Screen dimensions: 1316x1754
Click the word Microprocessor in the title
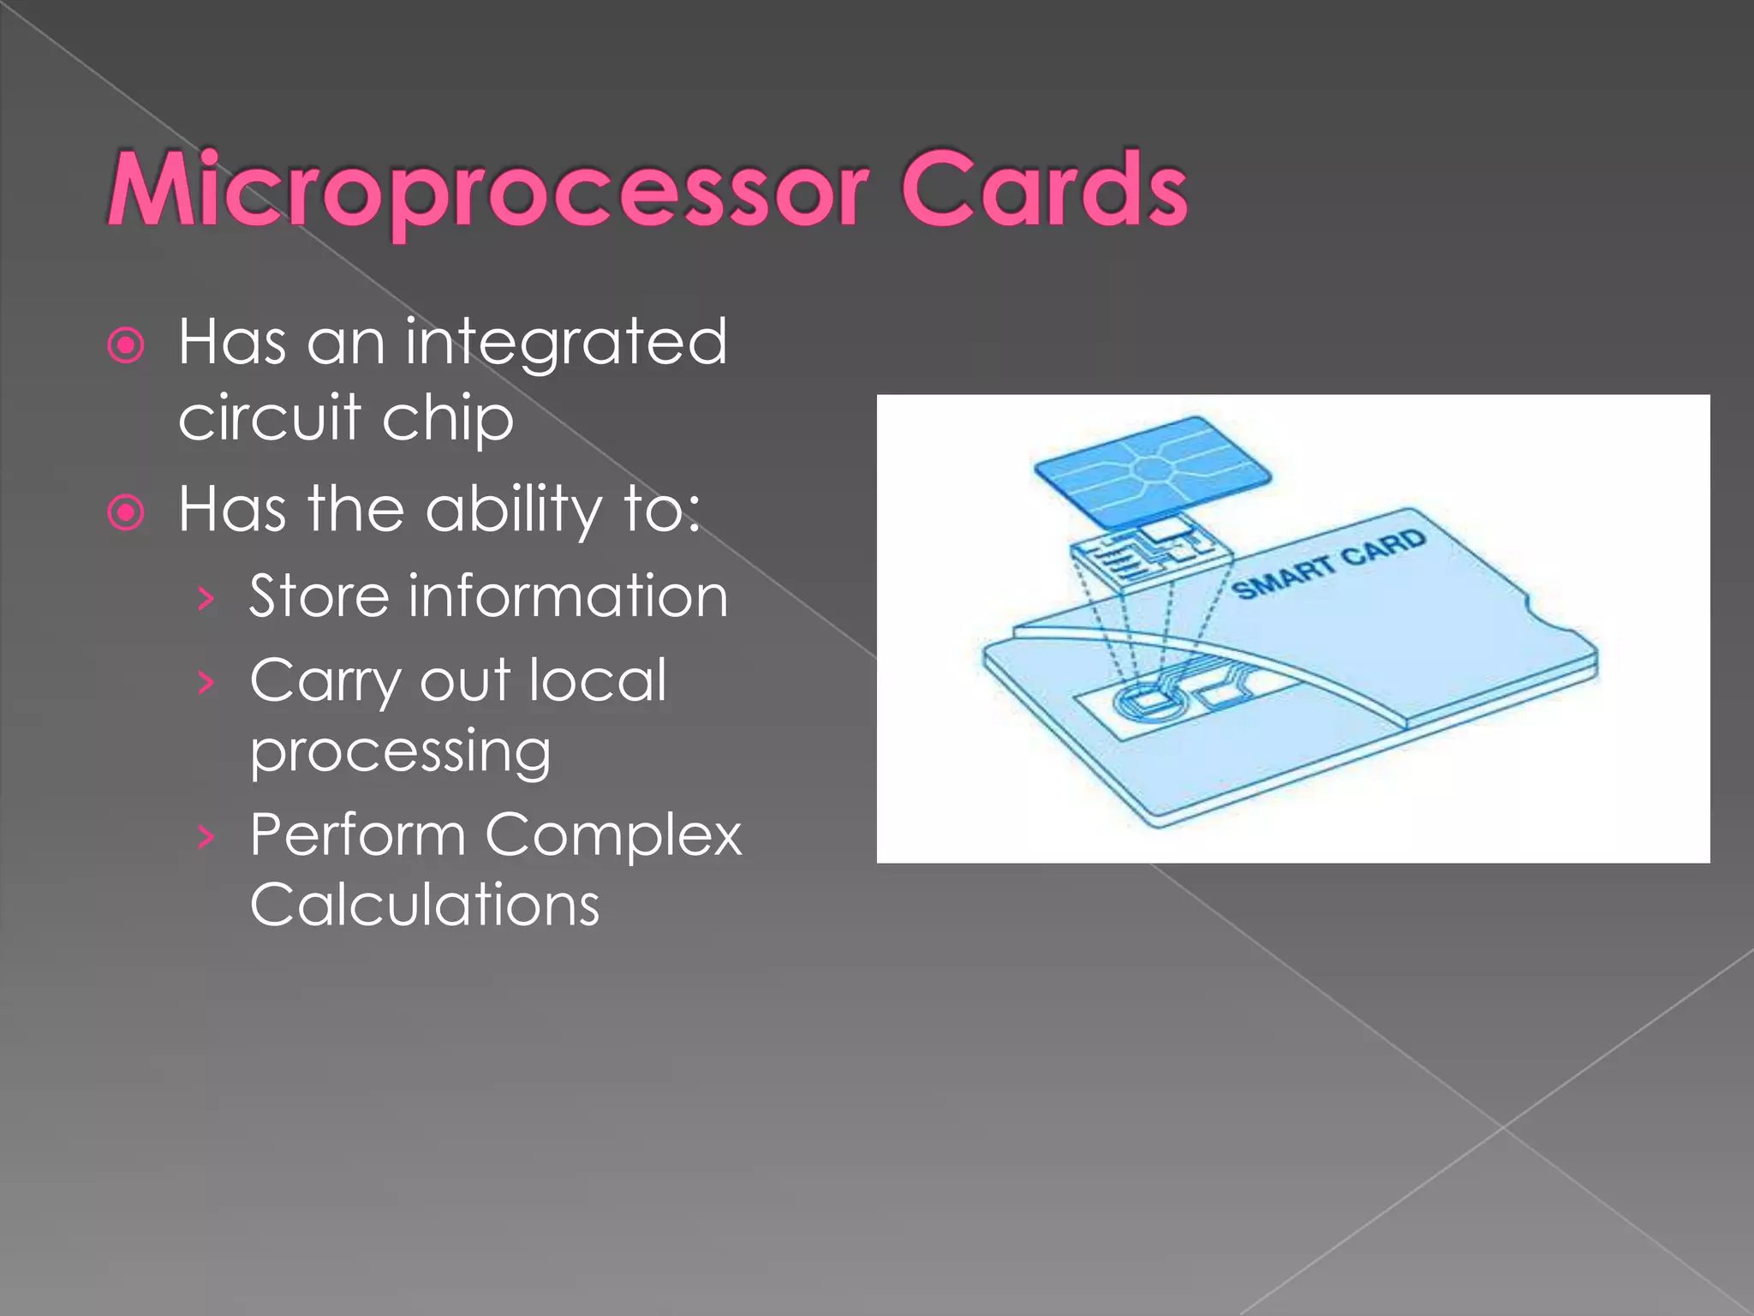[x=488, y=190]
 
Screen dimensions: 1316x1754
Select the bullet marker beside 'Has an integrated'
[x=127, y=346]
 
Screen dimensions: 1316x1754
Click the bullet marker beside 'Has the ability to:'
[x=127, y=513]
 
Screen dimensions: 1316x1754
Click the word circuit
[x=269, y=418]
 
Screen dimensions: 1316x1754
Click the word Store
[x=319, y=596]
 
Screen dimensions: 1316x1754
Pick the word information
[x=569, y=596]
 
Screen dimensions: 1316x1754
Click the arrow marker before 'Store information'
[x=205, y=600]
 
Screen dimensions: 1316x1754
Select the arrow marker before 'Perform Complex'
[x=205, y=836]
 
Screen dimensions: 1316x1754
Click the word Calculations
[x=425, y=905]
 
